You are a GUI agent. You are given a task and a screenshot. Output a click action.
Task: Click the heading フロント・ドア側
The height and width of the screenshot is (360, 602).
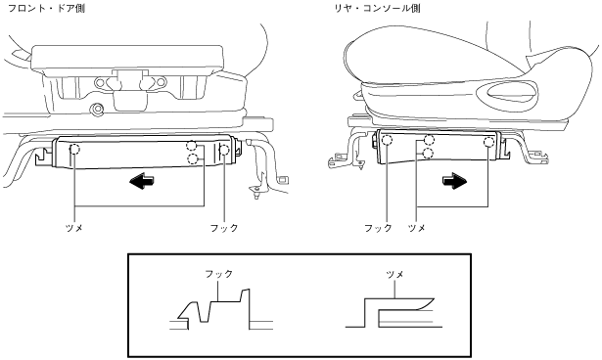(46, 8)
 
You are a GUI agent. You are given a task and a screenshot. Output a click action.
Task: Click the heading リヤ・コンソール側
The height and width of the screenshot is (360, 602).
(377, 8)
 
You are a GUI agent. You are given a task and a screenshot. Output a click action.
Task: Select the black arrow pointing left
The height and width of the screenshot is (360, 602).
(141, 181)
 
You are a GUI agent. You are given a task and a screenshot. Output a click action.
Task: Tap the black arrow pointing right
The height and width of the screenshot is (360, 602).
(454, 181)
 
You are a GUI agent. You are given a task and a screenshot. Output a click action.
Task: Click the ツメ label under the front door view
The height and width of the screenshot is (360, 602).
(74, 228)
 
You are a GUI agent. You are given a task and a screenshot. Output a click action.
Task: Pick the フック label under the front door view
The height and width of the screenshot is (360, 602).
(224, 228)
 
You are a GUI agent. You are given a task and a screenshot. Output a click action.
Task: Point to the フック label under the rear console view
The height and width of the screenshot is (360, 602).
(378, 228)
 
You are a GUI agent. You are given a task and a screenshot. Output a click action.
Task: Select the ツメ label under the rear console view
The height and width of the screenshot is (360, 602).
(417, 228)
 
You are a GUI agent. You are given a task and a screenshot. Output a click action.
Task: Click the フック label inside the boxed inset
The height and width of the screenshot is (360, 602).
(219, 274)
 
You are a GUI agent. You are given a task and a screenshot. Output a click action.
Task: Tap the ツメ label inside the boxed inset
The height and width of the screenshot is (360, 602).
(394, 274)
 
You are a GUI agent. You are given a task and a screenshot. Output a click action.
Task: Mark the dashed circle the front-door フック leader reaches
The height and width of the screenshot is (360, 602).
(224, 150)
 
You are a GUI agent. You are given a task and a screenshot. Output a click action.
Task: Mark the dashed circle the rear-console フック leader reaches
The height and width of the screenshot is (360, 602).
(387, 140)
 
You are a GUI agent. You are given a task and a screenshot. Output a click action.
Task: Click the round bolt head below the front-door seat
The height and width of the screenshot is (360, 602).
(98, 110)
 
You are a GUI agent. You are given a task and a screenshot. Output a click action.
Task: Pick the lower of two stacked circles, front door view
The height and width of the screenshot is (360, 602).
(193, 158)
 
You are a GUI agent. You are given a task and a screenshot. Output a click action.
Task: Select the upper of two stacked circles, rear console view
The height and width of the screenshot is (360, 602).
(429, 141)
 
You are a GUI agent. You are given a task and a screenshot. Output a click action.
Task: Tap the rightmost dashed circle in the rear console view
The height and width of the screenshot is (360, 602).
(488, 142)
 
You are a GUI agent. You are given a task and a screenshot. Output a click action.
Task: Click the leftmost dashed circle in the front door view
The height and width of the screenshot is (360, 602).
(74, 149)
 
